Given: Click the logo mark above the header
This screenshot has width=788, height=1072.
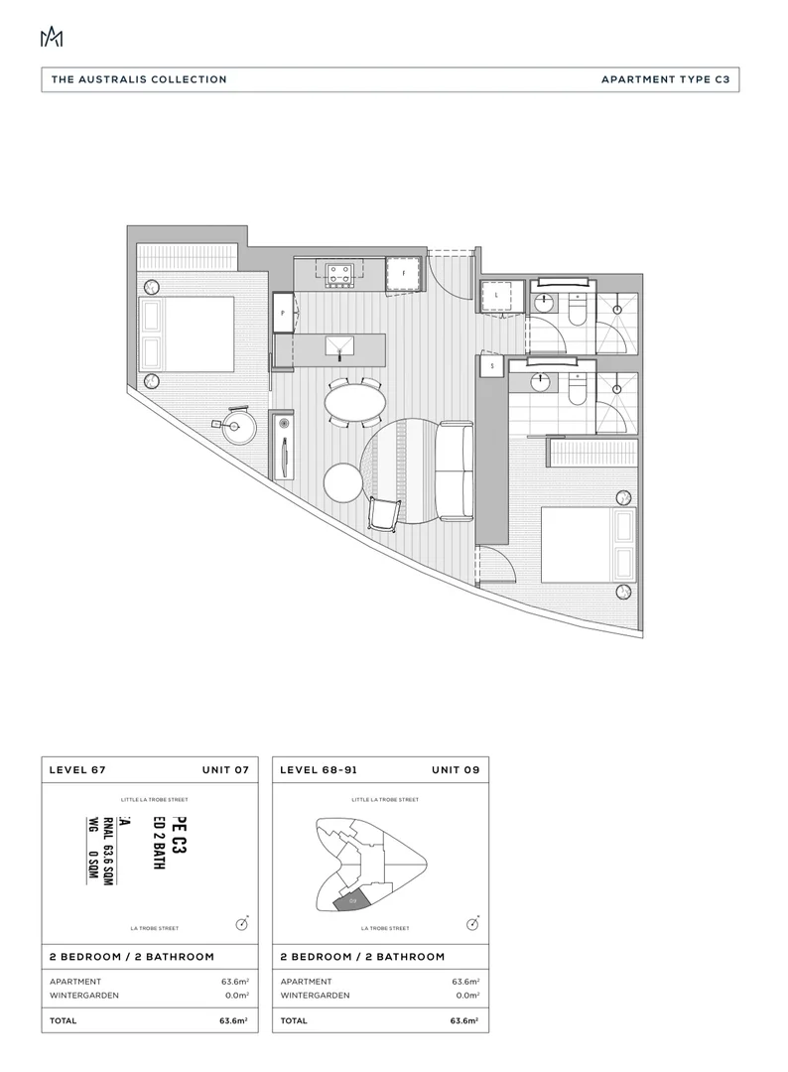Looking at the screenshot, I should coord(51,37).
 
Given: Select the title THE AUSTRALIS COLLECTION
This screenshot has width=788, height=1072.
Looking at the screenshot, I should coord(139,79).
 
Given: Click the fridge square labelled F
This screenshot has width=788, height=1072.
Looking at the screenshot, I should coord(404,273).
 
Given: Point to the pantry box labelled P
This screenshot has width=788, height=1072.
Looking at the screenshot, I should coord(284,312).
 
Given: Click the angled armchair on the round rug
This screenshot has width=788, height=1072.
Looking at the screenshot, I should coord(385,512).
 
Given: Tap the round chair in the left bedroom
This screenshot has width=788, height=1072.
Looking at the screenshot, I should coord(239,429).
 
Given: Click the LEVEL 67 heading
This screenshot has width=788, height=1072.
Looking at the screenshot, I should coord(78,770).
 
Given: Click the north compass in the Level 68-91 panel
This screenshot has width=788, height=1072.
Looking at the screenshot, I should coord(475,923).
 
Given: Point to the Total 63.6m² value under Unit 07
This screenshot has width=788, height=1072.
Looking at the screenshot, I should coord(234,1020).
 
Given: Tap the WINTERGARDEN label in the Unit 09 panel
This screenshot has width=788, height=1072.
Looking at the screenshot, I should coord(315,995).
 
